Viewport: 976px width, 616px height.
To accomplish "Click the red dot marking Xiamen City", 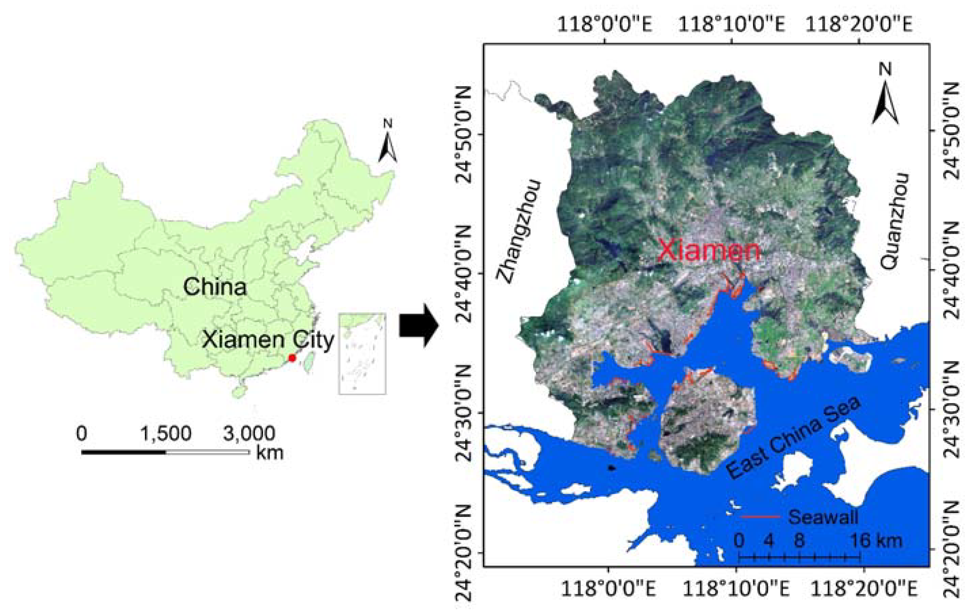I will pos(292,358).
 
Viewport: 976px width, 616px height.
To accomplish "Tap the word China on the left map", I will pos(215,287).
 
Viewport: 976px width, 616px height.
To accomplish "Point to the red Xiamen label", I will pos(709,250).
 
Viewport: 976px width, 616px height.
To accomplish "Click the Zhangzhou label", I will pos(519,231).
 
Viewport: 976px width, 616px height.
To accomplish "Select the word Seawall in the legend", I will pos(823,517).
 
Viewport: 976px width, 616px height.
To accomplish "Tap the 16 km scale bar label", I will pos(876,541).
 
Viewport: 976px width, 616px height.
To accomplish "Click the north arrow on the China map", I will pos(388,142).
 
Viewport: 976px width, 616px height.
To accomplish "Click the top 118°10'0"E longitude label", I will pos(731,24).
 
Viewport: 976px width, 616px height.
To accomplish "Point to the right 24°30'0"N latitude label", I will pos(954,409).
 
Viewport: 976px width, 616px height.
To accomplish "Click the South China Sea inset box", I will pos(362,353).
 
